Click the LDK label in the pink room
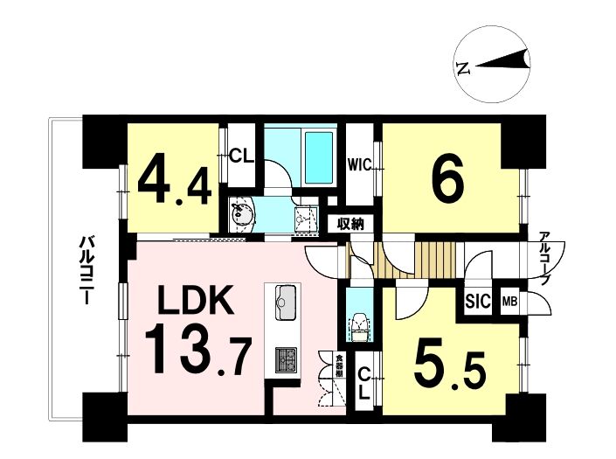(195, 300)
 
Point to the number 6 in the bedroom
(447, 179)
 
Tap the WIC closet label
(359, 165)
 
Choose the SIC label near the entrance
(478, 303)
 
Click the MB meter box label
(510, 303)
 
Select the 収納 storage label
(350, 225)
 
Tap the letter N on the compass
(463, 68)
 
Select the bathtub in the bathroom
(319, 158)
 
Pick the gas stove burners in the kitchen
(286, 359)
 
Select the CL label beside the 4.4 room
(241, 156)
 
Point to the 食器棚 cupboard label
(338, 366)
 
